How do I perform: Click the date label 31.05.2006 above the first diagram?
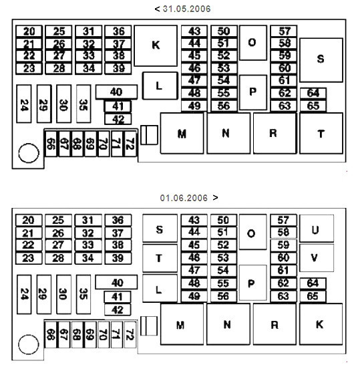[x=186, y=9]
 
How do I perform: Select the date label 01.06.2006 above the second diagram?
[x=184, y=198]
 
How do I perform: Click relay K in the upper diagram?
[x=156, y=45]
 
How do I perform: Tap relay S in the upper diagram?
[x=321, y=60]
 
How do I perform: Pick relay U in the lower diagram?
[x=317, y=229]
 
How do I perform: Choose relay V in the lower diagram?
[x=317, y=258]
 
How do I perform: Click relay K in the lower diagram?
[x=321, y=324]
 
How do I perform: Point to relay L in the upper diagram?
[x=160, y=86]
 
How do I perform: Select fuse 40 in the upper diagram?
[x=116, y=92]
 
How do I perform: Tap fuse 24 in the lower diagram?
[x=24, y=294]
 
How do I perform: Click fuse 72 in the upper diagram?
[x=130, y=144]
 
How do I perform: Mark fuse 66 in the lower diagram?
[x=51, y=334]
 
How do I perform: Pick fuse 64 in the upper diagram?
[x=313, y=94]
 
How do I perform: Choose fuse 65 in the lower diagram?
[x=313, y=296]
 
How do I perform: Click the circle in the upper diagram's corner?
[x=29, y=153]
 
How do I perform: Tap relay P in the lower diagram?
[x=252, y=283]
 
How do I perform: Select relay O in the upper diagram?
[x=253, y=43]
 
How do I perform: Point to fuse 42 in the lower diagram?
[x=118, y=310]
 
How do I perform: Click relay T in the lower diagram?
[x=160, y=258]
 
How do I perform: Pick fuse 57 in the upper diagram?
[x=284, y=31]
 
